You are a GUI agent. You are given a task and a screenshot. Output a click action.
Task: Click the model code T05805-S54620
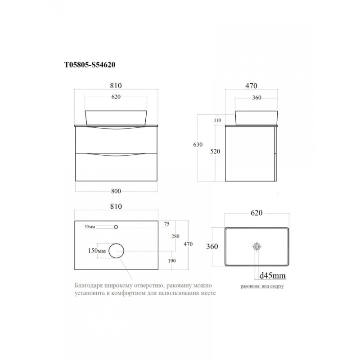(x=90, y=65)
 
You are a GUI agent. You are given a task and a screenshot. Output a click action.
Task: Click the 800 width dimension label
(x=116, y=191)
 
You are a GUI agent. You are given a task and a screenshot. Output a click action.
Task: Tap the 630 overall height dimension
(x=198, y=144)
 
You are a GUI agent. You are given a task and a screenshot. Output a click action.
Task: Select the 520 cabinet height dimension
(x=215, y=151)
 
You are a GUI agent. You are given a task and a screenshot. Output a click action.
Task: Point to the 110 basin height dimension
(x=217, y=120)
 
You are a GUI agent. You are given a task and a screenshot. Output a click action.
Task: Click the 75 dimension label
(x=166, y=224)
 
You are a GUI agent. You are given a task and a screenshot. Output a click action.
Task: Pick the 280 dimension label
(x=175, y=236)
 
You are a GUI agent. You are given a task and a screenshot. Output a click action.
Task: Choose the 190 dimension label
(x=172, y=261)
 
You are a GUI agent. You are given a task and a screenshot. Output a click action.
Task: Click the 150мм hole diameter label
(x=97, y=251)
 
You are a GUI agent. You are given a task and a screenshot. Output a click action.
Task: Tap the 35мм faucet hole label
(x=90, y=227)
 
